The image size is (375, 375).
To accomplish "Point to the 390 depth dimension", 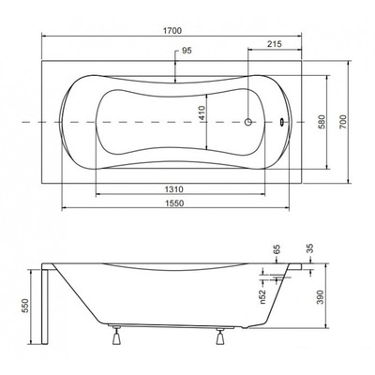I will pyautogui.click(x=335, y=295).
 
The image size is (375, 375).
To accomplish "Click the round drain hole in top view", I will pyautogui.click(x=249, y=122).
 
